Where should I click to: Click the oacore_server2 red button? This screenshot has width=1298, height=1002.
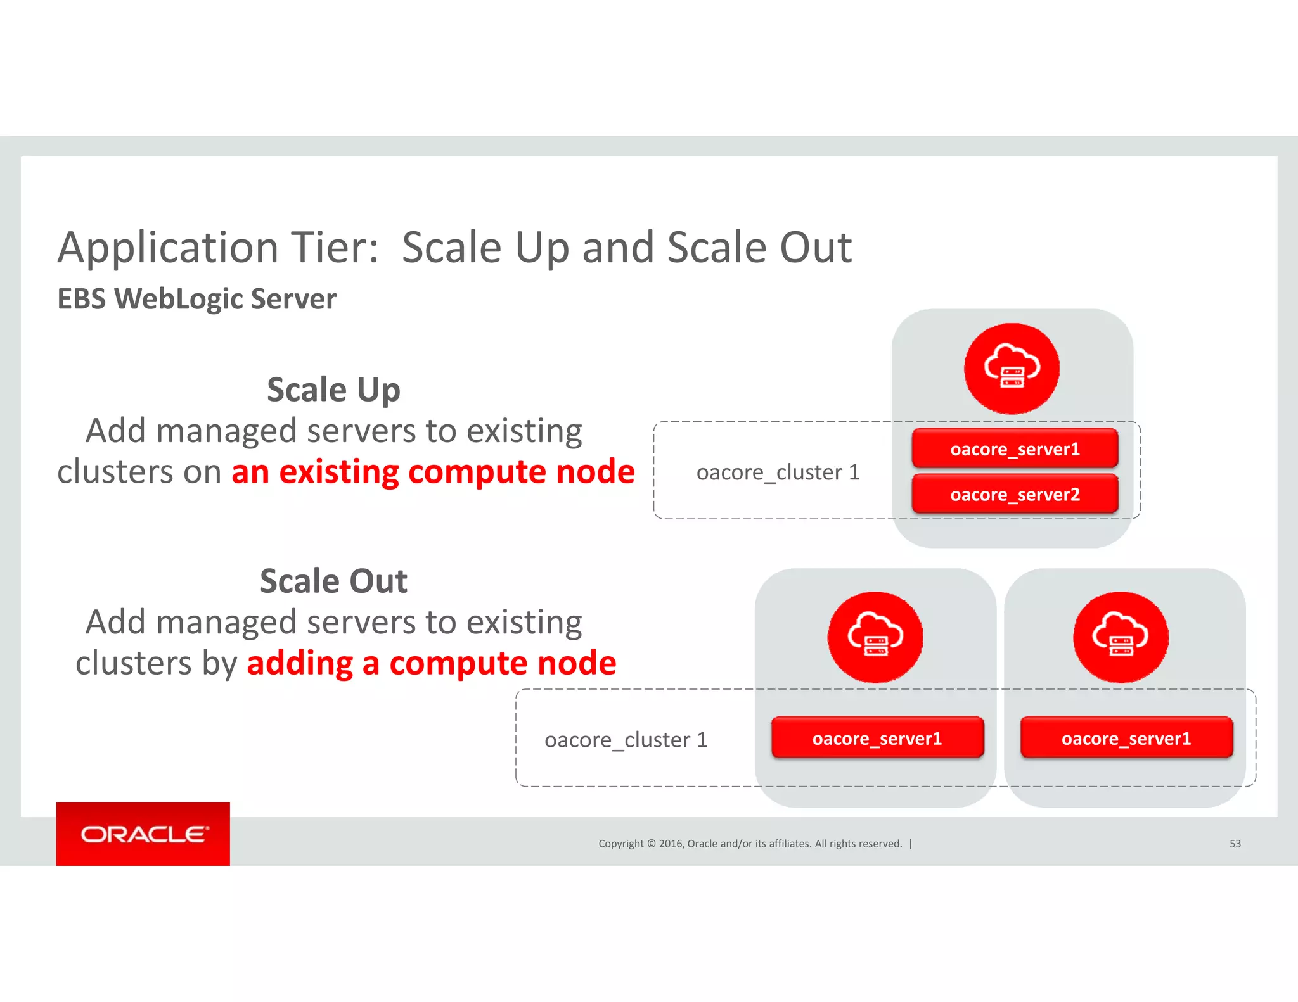tap(1015, 494)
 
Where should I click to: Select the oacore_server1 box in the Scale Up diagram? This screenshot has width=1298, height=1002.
tap(1015, 448)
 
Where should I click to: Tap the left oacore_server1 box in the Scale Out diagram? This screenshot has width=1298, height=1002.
tap(877, 738)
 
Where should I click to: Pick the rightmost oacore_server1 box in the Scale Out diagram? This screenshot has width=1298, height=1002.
tap(1126, 738)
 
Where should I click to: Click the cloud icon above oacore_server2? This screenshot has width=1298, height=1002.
tap(1012, 369)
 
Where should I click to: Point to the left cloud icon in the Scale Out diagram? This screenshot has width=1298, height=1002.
tap(875, 637)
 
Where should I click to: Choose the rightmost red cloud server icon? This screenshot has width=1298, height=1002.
tap(1121, 637)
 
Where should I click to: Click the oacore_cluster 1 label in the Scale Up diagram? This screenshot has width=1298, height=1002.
tap(778, 472)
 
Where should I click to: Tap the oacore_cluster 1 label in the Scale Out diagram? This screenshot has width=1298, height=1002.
tap(626, 740)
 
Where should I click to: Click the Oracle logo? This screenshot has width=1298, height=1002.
tap(143, 834)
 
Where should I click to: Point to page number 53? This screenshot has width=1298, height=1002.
tap(1235, 844)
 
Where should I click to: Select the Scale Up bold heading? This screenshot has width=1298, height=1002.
tap(333, 390)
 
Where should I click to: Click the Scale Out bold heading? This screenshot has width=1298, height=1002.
tap(333, 581)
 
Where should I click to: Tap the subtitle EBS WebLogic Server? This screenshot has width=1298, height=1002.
tap(196, 299)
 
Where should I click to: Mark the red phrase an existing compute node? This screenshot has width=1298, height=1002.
tap(433, 472)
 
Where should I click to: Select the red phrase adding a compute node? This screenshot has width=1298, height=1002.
tap(431, 663)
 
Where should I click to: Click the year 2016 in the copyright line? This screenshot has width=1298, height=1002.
tap(671, 844)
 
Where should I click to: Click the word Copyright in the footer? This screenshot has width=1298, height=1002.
tap(620, 844)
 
